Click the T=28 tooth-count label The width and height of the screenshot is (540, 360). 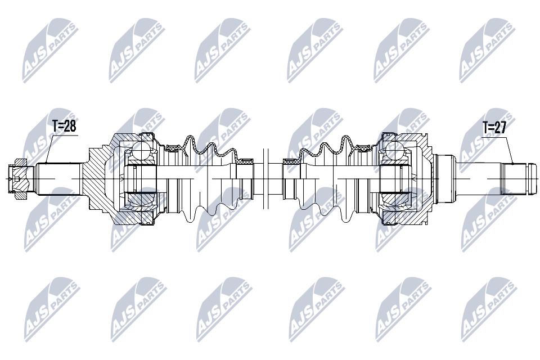64,127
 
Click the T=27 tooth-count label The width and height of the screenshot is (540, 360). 494,128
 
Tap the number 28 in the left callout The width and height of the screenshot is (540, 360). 70,127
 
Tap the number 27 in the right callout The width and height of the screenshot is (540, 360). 500,128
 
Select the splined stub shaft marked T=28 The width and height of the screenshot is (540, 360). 58,178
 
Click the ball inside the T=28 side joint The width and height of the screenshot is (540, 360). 141,151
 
